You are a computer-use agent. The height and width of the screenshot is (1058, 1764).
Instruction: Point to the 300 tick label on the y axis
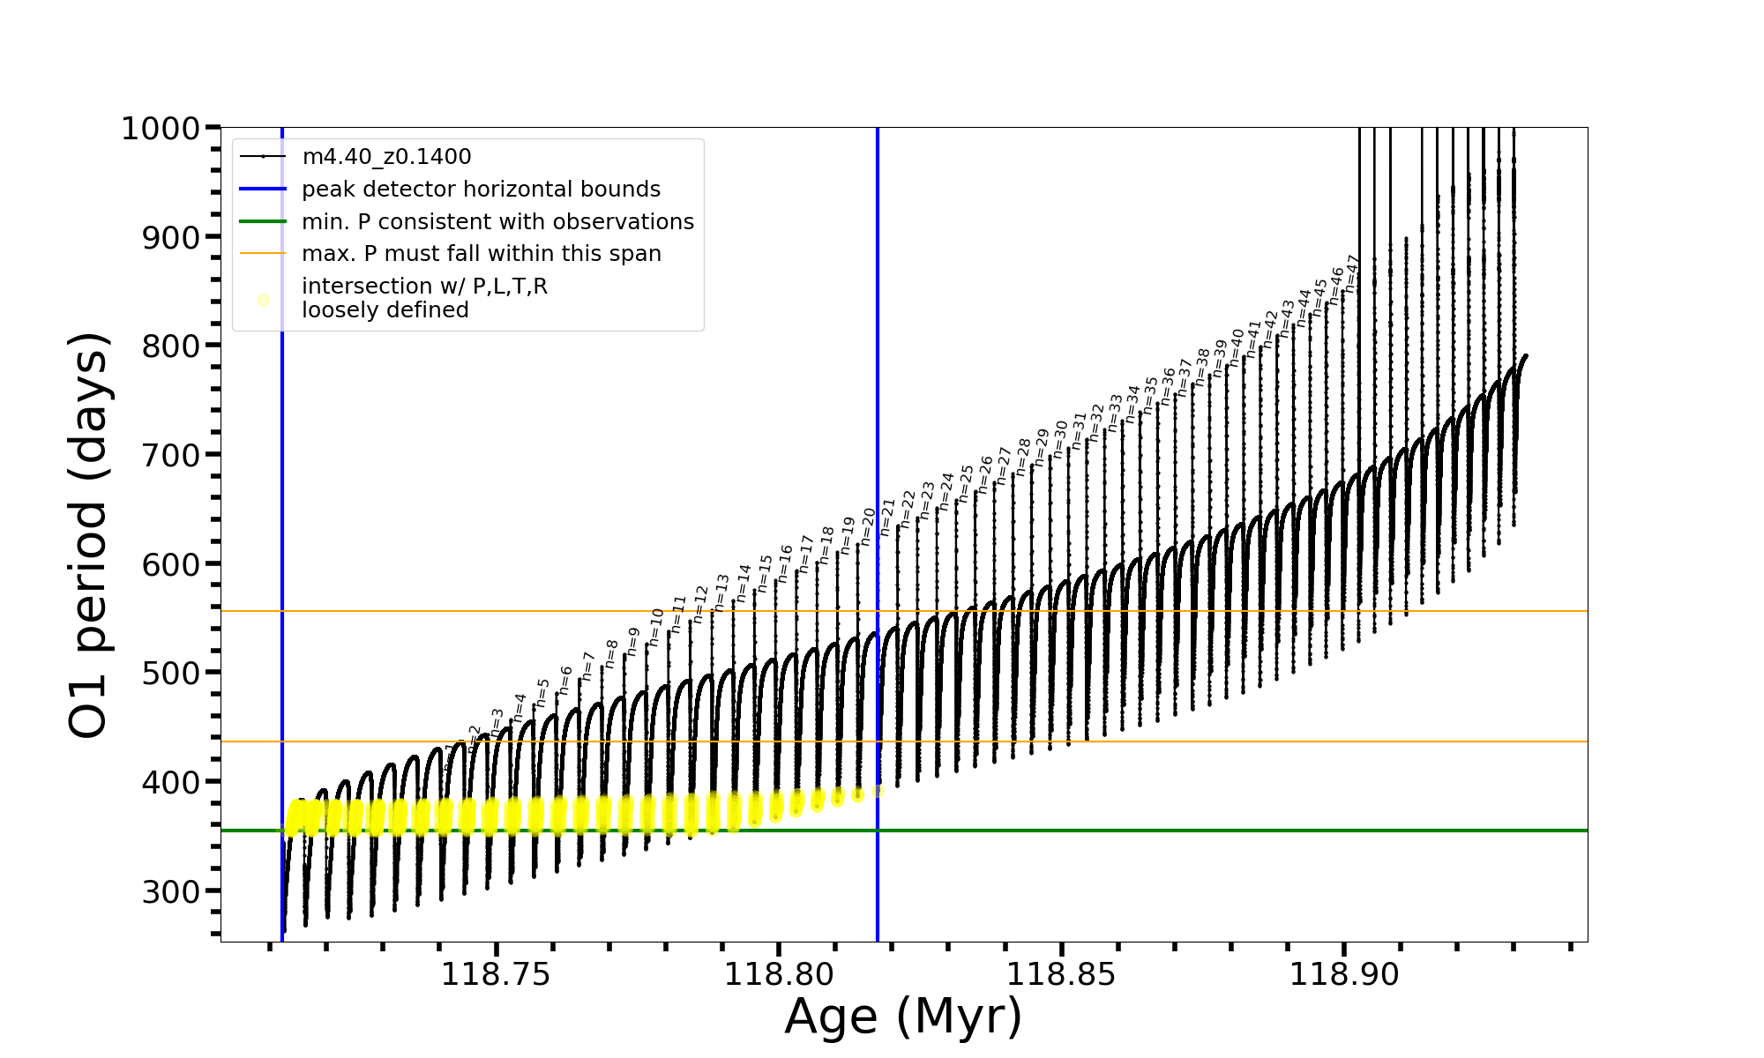point(171,891)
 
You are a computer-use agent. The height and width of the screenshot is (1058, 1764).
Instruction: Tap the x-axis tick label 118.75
point(496,974)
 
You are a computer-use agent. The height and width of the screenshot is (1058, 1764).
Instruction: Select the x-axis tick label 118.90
point(1344,974)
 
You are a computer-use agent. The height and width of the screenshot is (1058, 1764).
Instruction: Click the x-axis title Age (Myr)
point(903,1017)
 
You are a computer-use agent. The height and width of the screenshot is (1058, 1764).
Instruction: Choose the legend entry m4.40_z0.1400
point(386,157)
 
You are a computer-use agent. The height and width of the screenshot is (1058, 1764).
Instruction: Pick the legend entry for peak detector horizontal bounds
point(481,190)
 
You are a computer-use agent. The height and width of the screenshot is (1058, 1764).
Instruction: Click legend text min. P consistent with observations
point(497,222)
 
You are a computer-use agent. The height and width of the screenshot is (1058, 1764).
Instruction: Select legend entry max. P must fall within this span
point(481,254)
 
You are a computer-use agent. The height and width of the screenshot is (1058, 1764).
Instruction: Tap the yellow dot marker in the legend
point(263,301)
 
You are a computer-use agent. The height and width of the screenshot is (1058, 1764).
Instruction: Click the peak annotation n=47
point(1353,273)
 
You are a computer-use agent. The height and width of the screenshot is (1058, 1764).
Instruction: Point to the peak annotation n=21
point(888,517)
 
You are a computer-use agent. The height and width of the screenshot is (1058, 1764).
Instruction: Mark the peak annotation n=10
point(656,626)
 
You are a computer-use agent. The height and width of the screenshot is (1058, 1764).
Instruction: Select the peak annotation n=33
point(1116,413)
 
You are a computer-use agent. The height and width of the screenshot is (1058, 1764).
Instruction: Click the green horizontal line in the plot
point(1235,831)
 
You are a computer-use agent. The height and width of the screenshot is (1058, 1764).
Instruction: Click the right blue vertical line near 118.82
point(878,264)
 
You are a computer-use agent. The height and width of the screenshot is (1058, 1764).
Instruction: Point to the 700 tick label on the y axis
point(171,455)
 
